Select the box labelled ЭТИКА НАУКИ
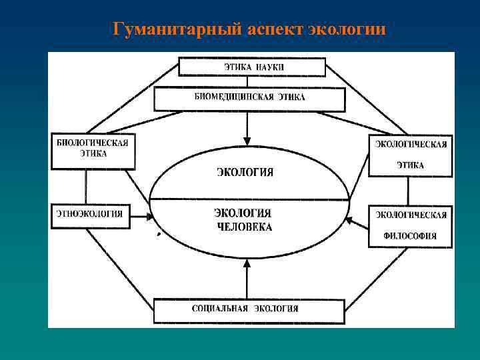pos(251,67)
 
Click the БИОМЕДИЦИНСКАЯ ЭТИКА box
pos(249,99)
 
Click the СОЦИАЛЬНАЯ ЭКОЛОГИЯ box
pos(249,310)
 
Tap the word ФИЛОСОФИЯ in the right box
pos(410,235)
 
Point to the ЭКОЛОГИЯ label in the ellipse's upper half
pos(245,172)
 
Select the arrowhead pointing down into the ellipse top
pos(247,140)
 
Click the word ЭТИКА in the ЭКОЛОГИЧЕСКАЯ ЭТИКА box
pos(410,165)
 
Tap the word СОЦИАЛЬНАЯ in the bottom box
pos(219,309)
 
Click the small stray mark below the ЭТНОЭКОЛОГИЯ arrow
pos(158,235)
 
